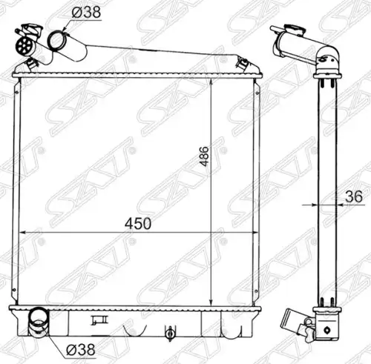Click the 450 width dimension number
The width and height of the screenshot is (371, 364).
coord(137,223)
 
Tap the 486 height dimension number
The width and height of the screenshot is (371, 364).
coord(204,156)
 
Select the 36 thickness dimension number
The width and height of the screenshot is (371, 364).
coord(354,196)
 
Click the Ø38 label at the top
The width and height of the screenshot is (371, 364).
coord(86,12)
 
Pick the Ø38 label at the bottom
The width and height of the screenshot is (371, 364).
coord(81,350)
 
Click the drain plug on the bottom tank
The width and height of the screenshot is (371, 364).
coord(170,334)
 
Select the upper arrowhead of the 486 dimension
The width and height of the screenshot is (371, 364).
coord(211,83)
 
